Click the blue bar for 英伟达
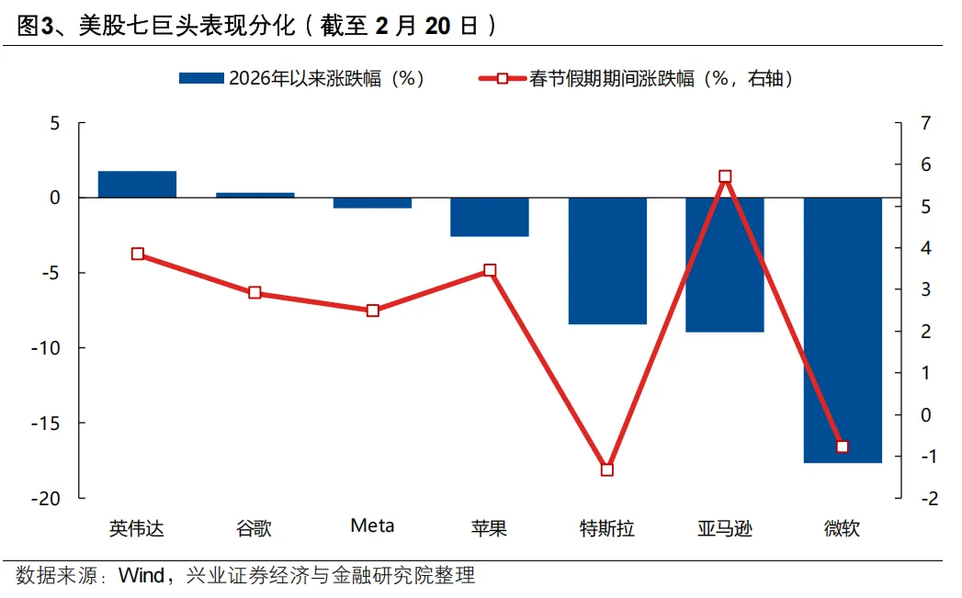click(x=137, y=185)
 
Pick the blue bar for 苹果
click(x=490, y=217)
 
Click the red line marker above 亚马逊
click(x=725, y=176)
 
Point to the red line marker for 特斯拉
click(x=607, y=469)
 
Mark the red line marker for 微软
click(x=843, y=446)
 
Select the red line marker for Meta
click(x=372, y=310)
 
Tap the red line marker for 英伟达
click(x=137, y=254)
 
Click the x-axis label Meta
click(x=372, y=526)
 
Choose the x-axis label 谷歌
click(x=255, y=528)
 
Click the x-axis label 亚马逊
click(x=725, y=528)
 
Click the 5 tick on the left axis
click(x=54, y=123)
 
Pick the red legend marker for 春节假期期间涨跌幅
click(x=503, y=79)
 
